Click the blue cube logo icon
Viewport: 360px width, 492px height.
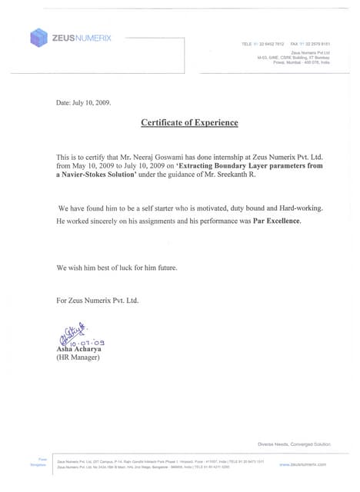click(x=39, y=37)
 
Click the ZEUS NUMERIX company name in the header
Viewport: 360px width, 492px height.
click(x=82, y=38)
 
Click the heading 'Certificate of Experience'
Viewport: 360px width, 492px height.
click(x=189, y=123)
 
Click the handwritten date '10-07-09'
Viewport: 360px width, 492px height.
click(x=89, y=341)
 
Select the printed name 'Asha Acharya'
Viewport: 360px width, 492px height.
click(x=79, y=349)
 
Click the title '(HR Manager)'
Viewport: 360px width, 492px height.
click(x=78, y=357)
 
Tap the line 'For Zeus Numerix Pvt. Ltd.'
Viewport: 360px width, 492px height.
click(x=97, y=300)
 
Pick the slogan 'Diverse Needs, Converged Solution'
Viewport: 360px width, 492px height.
click(x=294, y=444)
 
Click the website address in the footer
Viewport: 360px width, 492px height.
click(x=302, y=464)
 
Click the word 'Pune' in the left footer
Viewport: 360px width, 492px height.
click(x=42, y=459)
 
